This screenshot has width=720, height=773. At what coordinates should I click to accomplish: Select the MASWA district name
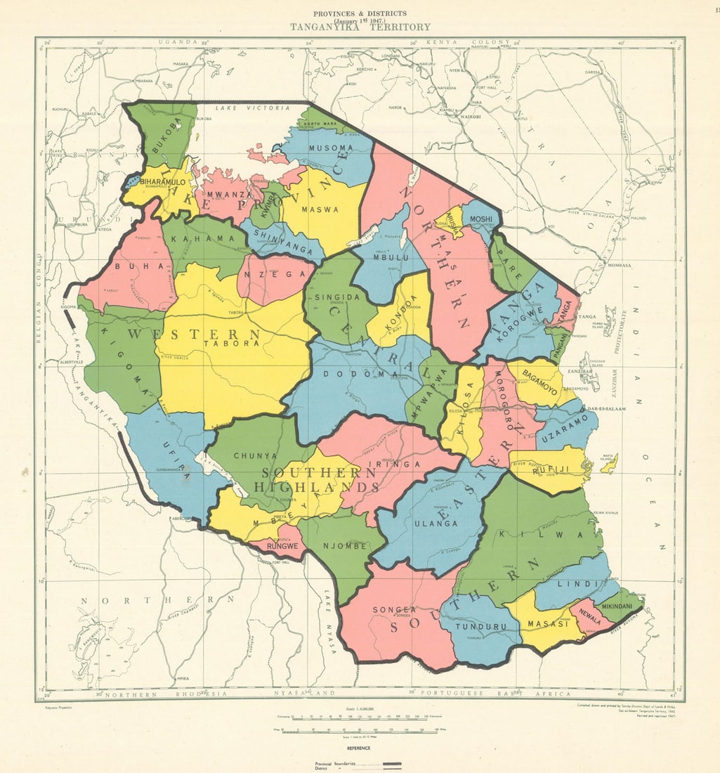320,209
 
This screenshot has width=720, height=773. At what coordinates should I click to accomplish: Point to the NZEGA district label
275,274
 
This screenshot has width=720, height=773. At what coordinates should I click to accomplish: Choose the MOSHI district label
481,219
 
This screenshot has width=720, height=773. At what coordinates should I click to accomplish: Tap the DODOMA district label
355,375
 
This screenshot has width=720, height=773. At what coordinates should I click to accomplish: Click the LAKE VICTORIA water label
252,108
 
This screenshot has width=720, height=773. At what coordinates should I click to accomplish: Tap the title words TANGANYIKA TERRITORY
360,27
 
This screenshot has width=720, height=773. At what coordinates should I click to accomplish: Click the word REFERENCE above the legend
359,748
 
